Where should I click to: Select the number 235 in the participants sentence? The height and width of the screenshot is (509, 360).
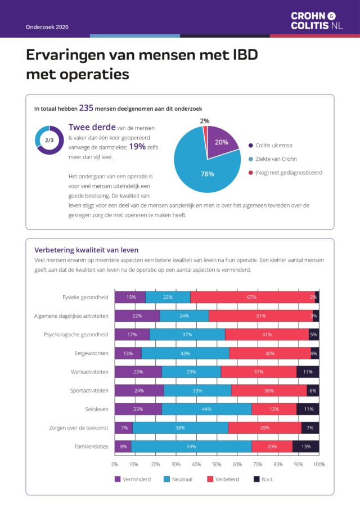86,107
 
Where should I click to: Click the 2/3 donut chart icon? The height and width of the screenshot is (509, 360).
49,140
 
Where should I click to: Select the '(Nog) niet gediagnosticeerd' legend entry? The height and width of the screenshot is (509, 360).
285,172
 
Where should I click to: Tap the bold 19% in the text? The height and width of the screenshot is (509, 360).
137,146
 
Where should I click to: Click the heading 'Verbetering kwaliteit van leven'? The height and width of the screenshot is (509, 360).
86,250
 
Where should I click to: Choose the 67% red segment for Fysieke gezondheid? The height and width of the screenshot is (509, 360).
251,297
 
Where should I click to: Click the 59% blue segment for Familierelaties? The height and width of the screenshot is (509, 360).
191,447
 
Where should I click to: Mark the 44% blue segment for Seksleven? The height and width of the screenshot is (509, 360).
206,409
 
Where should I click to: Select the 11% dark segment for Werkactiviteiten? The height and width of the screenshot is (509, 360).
308,372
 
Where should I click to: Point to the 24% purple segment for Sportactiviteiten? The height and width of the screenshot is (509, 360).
139,390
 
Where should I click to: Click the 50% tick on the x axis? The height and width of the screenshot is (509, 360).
217,465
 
